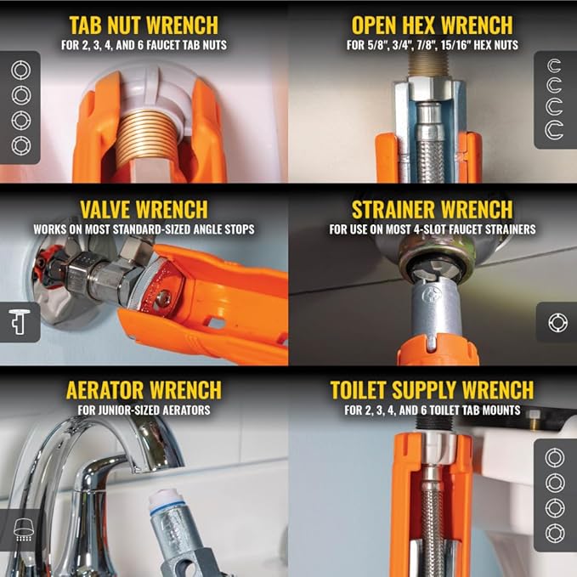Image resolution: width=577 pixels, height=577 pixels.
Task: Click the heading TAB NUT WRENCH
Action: [144, 25]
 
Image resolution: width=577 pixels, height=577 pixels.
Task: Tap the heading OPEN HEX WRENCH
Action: [432, 25]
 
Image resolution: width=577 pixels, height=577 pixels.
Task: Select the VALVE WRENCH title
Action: [144, 209]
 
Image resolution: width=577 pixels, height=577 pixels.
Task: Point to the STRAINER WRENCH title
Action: [432, 209]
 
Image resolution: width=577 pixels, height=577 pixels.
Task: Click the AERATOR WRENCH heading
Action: [143, 391]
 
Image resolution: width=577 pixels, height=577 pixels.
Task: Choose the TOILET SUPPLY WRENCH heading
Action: [432, 391]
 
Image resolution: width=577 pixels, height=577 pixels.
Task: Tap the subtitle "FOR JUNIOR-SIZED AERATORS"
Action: [143, 410]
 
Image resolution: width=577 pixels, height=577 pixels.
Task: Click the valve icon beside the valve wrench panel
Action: [19, 322]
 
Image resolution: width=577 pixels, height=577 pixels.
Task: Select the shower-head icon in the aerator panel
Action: [19, 529]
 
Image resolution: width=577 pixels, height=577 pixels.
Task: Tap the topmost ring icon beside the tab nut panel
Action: [20, 70]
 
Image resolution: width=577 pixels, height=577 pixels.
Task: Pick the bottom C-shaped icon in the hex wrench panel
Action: [555, 128]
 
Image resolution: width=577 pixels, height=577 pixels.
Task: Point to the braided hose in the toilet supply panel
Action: [432, 518]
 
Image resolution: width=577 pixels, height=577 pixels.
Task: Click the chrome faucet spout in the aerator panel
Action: [136, 442]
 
